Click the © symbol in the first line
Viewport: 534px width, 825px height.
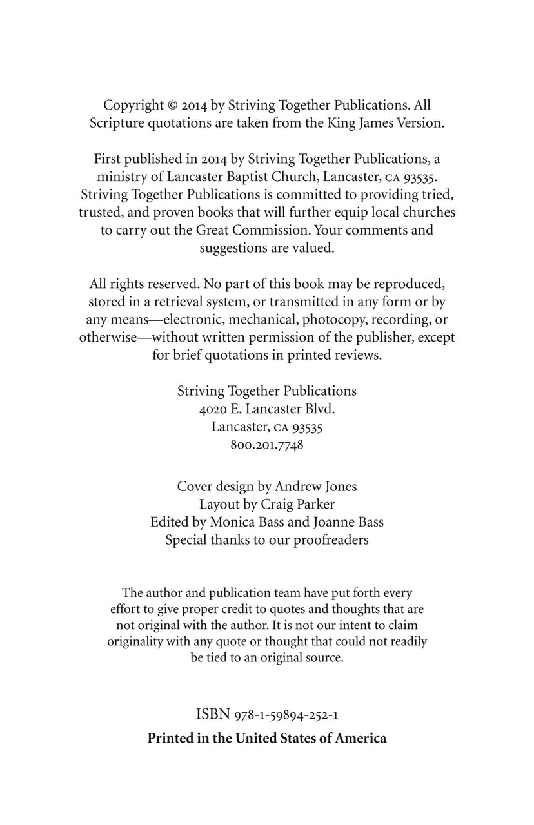point(172,105)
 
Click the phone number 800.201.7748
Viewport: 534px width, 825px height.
point(267,445)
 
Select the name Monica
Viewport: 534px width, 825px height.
point(230,522)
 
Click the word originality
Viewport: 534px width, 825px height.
point(138,642)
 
